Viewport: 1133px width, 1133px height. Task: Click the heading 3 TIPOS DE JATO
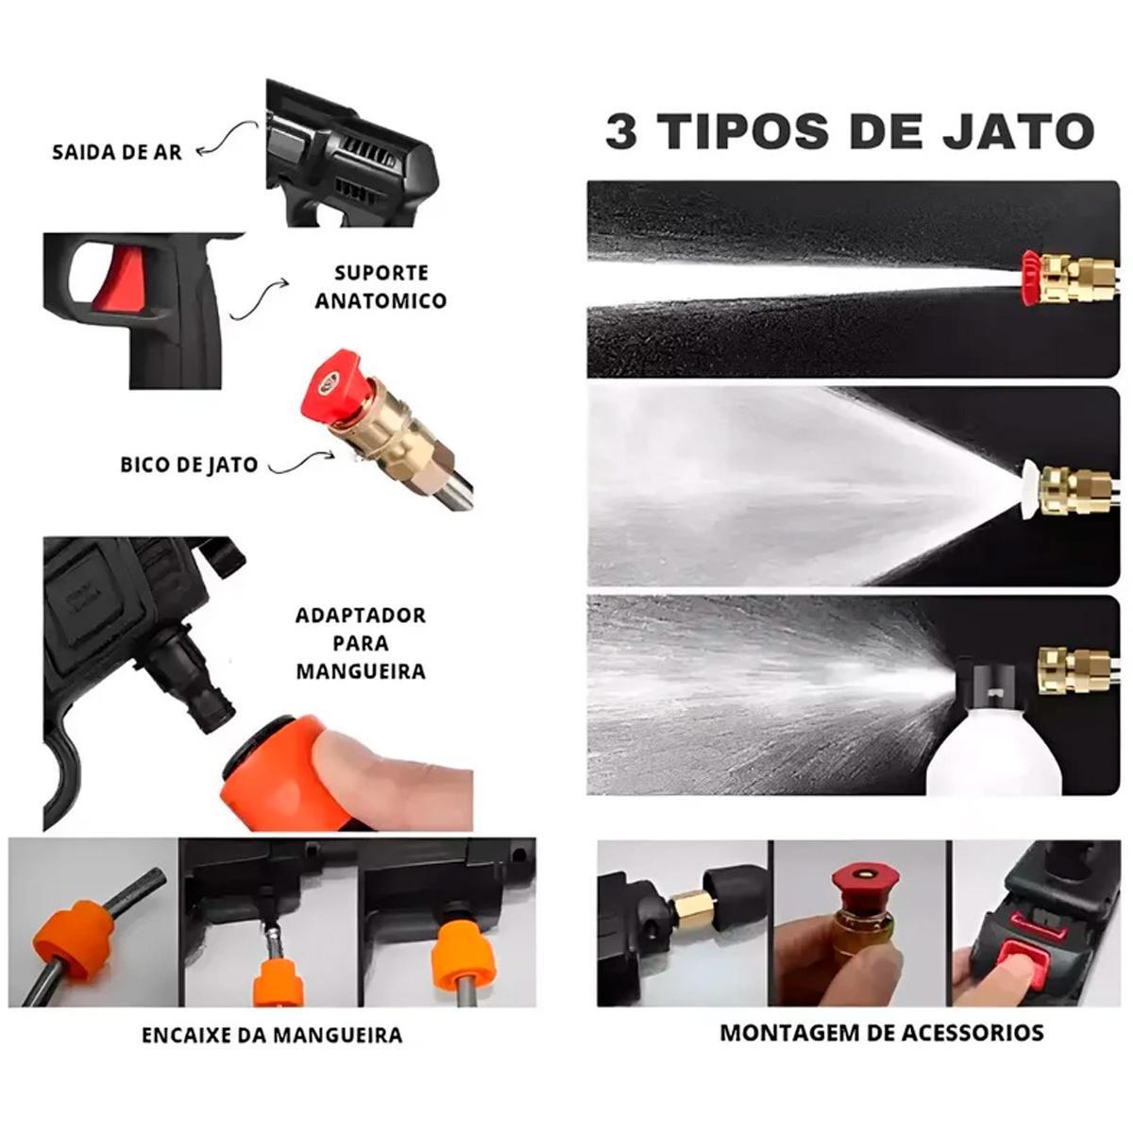850,130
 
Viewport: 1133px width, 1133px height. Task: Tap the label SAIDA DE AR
117,153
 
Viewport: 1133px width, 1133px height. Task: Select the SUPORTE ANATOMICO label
380,287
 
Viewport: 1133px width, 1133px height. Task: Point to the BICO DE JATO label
189,465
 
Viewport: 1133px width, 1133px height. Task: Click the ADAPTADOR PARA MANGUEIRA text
361,643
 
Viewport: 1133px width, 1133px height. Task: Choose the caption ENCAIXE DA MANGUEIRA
272,1035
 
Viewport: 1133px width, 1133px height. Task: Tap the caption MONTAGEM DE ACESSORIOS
882,1033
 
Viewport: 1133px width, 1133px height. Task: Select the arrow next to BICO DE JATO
300,463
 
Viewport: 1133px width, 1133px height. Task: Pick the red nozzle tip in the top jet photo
1030,279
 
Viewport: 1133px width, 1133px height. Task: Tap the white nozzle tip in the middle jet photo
1031,490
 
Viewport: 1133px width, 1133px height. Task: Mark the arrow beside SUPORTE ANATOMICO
258,299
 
